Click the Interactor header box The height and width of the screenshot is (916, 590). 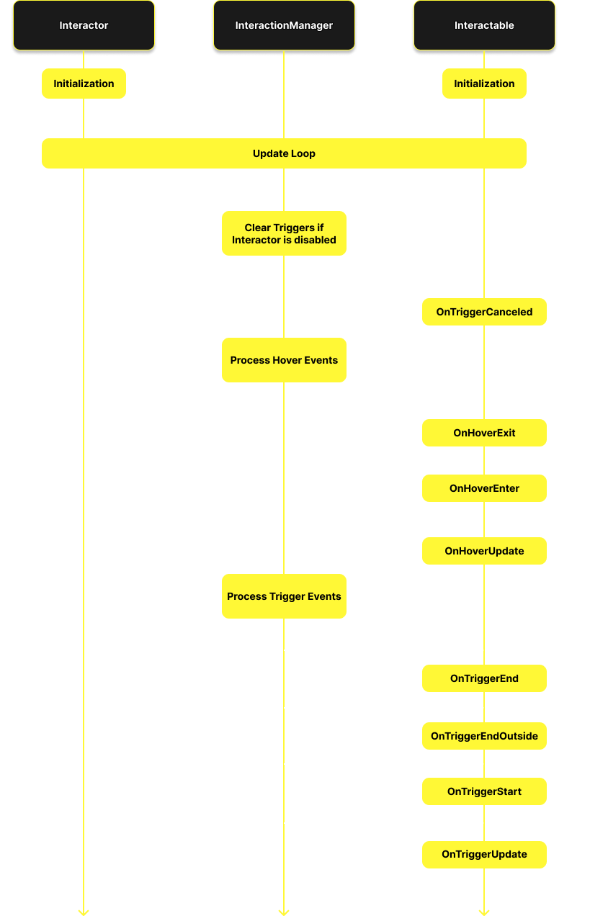point(84,26)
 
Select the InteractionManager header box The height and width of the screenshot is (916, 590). point(284,26)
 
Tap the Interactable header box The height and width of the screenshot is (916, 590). point(484,26)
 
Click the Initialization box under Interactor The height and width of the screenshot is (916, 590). point(84,84)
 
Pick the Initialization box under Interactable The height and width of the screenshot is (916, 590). point(484,84)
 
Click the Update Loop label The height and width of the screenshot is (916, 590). point(284,153)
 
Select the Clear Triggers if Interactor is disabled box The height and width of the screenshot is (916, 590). point(284,233)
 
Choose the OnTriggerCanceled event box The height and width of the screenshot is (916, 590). point(484,312)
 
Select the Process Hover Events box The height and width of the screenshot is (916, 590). point(284,360)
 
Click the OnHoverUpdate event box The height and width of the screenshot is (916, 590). point(484,551)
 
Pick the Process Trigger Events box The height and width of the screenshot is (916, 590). point(284,596)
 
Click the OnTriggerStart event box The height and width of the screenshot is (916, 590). point(484,791)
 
